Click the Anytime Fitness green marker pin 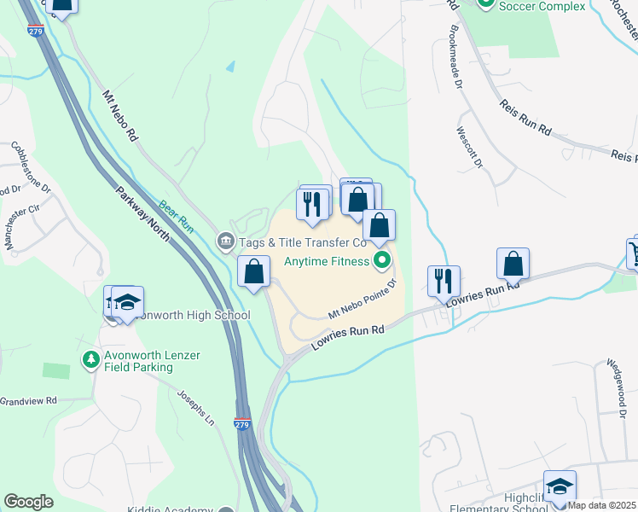382,260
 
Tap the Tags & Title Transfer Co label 303,242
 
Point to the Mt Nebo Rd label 120,116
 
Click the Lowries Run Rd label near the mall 347,338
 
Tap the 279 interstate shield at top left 35,32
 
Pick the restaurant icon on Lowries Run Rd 444,281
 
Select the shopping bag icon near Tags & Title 254,272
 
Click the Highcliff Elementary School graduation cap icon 560,486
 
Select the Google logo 28,502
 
